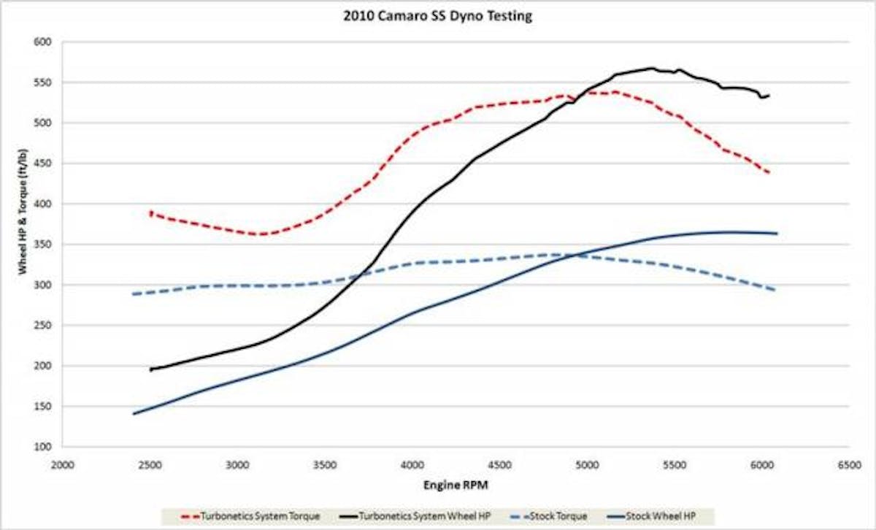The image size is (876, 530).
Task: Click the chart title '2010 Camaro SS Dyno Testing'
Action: click(438, 16)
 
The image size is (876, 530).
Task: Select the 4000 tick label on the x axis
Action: click(412, 463)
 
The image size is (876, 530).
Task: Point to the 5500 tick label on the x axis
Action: click(675, 463)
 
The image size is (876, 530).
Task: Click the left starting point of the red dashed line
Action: click(151, 212)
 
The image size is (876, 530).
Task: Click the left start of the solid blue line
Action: click(133, 414)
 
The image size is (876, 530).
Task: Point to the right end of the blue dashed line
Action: click(775, 290)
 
